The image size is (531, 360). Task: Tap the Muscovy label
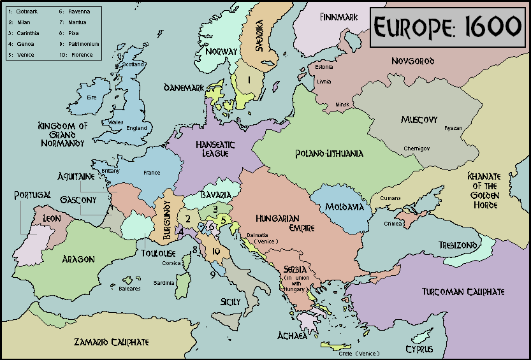(419, 120)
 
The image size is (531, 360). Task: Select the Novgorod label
(412, 61)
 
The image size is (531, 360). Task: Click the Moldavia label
(344, 207)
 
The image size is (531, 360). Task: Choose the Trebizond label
(457, 245)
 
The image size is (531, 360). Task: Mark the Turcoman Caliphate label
(463, 292)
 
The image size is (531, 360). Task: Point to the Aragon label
(78, 259)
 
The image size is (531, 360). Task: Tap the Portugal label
(33, 195)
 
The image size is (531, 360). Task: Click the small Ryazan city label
(453, 127)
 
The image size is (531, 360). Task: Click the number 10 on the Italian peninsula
(216, 252)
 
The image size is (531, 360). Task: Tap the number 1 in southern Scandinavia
(249, 80)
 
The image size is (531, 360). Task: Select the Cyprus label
(419, 349)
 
